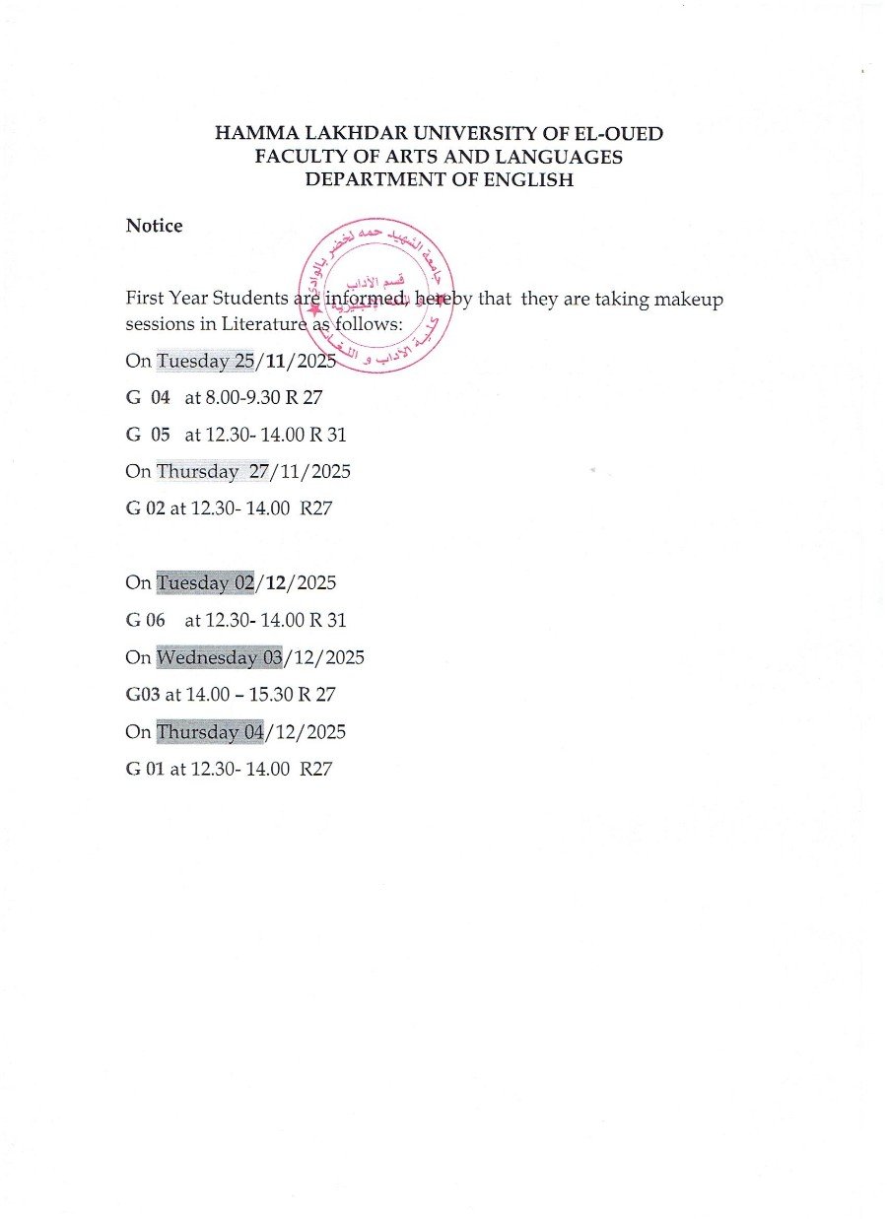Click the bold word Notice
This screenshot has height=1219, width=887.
[x=154, y=226]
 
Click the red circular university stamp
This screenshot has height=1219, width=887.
[x=375, y=294]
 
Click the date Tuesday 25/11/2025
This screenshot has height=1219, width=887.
[x=246, y=361]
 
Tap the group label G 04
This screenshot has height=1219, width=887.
[x=148, y=398]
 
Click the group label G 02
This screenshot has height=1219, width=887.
[x=145, y=508]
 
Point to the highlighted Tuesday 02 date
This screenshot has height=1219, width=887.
[x=206, y=582]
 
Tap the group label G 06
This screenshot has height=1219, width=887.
[x=148, y=620]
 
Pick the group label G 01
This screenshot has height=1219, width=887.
[x=145, y=769]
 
